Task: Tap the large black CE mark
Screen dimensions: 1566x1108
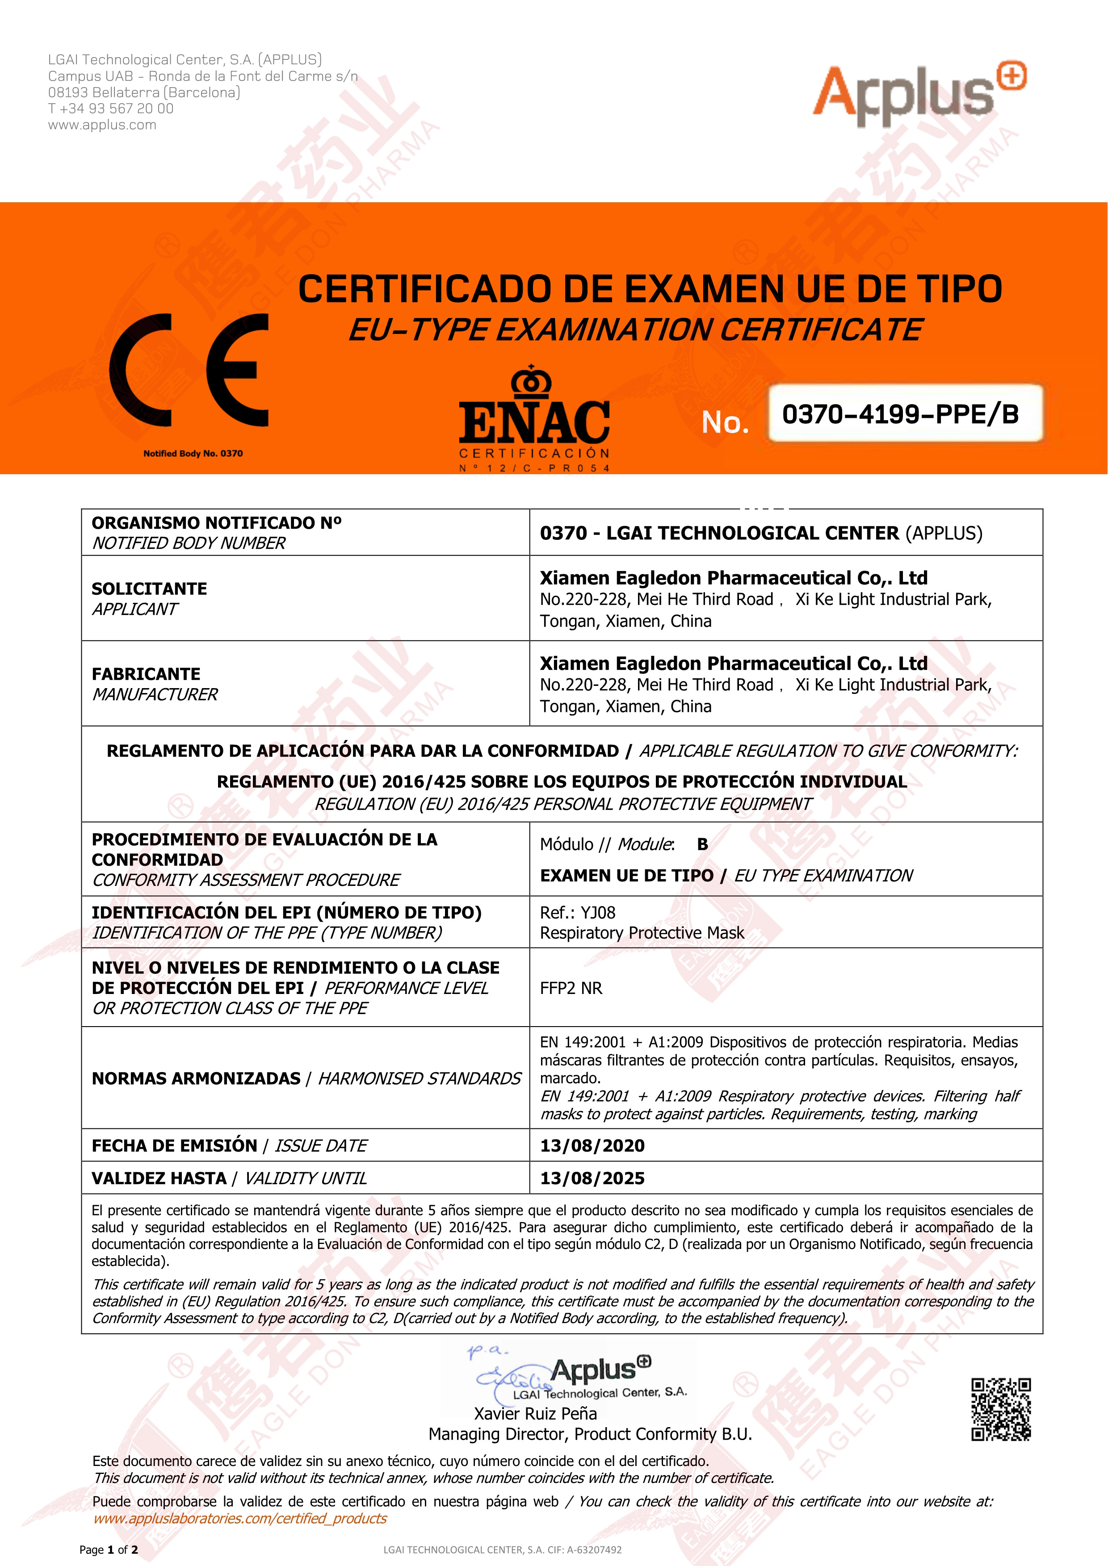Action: point(189,370)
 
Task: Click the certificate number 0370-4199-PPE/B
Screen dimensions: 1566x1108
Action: point(901,414)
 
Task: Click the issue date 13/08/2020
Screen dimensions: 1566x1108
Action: point(592,1145)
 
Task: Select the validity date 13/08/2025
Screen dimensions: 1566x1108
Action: point(592,1178)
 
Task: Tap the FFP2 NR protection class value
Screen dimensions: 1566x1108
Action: point(571,988)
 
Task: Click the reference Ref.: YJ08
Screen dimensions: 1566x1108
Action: point(577,913)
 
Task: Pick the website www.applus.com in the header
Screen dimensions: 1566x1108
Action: point(102,125)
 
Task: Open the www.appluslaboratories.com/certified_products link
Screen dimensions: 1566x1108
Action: point(240,1518)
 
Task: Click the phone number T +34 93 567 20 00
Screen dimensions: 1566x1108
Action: point(110,109)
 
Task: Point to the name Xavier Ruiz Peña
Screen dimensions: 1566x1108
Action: point(536,1413)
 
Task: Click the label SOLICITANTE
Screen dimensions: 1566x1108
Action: point(149,589)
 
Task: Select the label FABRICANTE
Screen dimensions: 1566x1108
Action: point(146,674)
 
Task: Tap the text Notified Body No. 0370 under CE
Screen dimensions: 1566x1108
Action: point(193,454)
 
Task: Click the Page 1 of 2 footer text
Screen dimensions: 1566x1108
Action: point(109,1549)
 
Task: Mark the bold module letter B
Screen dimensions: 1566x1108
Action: point(702,844)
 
